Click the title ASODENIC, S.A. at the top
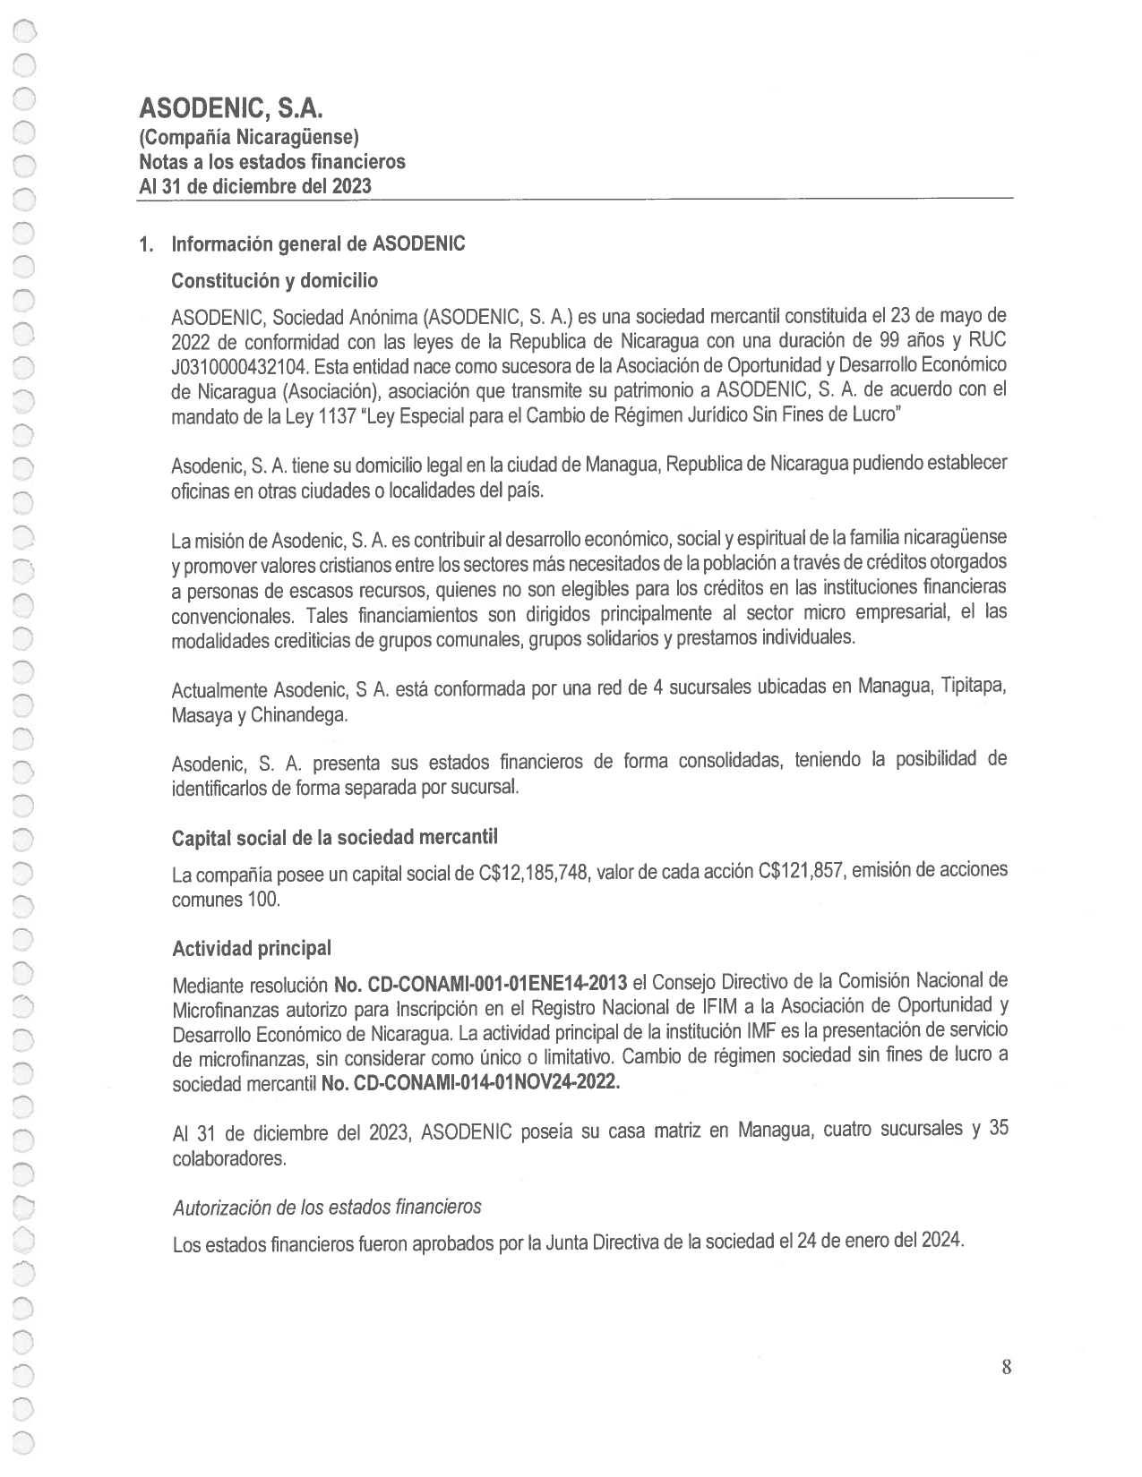(230, 109)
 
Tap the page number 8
(1006, 1367)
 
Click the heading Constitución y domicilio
(274, 281)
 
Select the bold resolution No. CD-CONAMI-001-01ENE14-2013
(479, 985)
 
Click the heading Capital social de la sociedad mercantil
(334, 837)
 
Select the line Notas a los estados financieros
(271, 162)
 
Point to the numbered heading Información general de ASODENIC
(318, 244)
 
